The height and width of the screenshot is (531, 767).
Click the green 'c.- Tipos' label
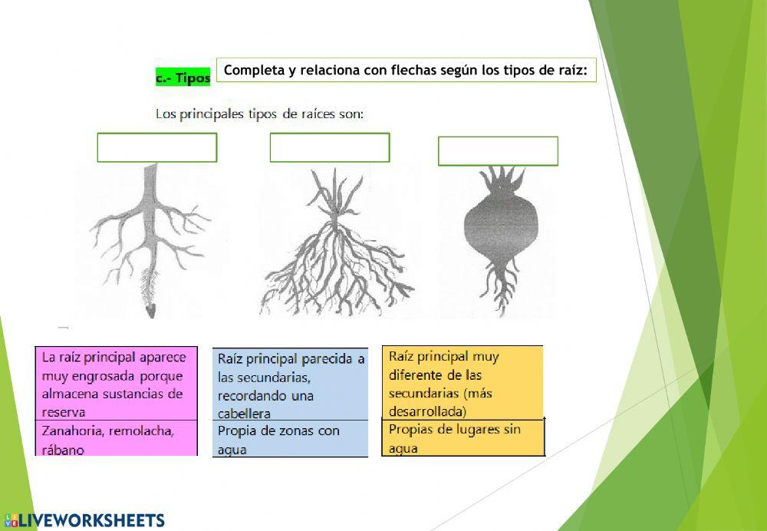(183, 78)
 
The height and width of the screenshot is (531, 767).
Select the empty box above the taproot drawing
(157, 147)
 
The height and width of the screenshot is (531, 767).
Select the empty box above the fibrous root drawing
(330, 147)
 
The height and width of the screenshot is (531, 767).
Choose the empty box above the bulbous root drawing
(498, 151)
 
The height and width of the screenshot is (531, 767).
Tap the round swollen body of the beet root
(497, 231)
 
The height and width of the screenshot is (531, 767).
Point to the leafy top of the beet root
(499, 180)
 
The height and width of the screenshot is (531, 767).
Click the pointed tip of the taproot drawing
(151, 311)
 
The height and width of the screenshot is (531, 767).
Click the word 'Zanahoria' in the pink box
(75, 430)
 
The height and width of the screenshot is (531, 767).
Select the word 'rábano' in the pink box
(63, 450)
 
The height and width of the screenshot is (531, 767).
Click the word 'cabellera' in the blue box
(244, 414)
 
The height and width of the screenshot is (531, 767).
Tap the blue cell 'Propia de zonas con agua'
(289, 439)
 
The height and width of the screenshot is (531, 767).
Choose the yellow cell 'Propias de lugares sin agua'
(463, 437)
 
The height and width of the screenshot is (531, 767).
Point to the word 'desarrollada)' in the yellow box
(427, 411)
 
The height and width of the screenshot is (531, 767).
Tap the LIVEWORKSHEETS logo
(84, 520)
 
